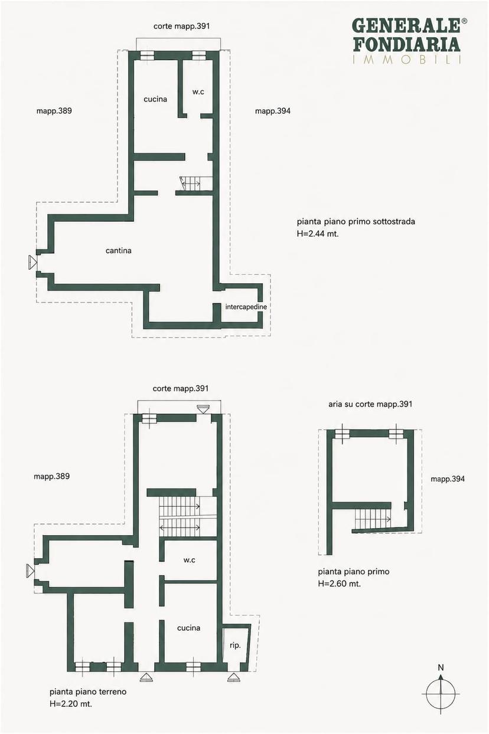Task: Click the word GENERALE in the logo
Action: pyautogui.click(x=406, y=25)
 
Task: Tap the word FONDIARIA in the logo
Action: pyautogui.click(x=407, y=44)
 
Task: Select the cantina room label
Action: pyautogui.click(x=118, y=251)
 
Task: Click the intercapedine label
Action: pyautogui.click(x=246, y=307)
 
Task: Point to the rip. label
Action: pyautogui.click(x=235, y=645)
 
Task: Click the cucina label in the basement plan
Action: pyautogui.click(x=155, y=99)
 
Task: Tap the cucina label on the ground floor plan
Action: pyautogui.click(x=188, y=628)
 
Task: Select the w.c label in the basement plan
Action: pyautogui.click(x=198, y=92)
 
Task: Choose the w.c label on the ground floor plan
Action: pyautogui.click(x=189, y=561)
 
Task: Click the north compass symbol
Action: pyautogui.click(x=441, y=693)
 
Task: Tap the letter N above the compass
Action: pyautogui.click(x=441, y=667)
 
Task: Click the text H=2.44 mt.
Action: pyautogui.click(x=318, y=234)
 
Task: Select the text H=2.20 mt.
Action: pyautogui.click(x=71, y=703)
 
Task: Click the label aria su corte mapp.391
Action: pyautogui.click(x=370, y=404)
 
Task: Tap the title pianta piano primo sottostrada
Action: pyautogui.click(x=356, y=221)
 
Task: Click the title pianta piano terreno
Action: pyautogui.click(x=88, y=692)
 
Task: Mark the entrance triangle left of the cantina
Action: pyautogui.click(x=32, y=263)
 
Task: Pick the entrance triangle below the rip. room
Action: pyautogui.click(x=233, y=677)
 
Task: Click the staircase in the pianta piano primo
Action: pyautogui.click(x=371, y=519)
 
